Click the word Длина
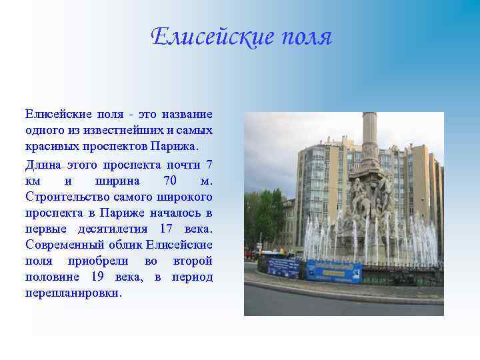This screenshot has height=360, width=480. coord(43,164)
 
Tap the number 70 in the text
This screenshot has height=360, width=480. coord(171,181)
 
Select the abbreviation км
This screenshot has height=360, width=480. coord(33,181)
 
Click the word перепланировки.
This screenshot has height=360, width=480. coord(74,293)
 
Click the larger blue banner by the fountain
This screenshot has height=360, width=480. coord(333,271)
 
